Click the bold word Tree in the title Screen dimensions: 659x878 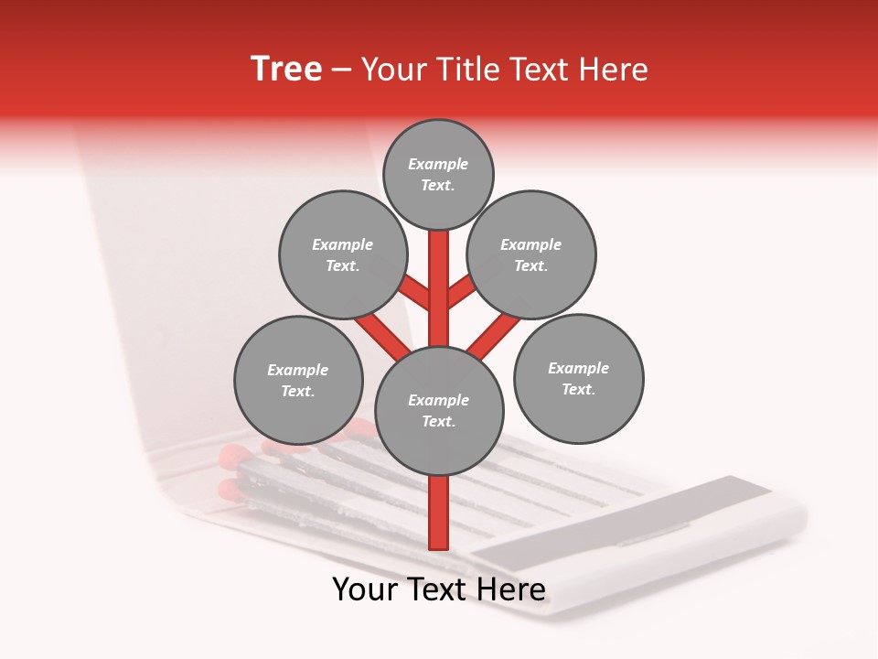pos(286,70)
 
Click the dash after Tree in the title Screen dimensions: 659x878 pos(341,70)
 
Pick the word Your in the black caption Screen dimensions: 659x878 pos(365,590)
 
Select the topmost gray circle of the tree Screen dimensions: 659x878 pos(438,174)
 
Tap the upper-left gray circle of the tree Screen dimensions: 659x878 pos(343,254)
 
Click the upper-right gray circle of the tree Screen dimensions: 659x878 pos(531,254)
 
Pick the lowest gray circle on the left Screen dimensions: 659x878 pos(298,380)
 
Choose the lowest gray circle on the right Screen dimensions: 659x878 pos(578,378)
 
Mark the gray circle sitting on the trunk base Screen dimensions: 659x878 pos(439,410)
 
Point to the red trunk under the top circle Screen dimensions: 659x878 pos(439,284)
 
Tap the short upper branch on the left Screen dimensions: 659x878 pos(416,294)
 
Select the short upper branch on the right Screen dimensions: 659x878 pos(462,293)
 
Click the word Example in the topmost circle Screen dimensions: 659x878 pos(438,165)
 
